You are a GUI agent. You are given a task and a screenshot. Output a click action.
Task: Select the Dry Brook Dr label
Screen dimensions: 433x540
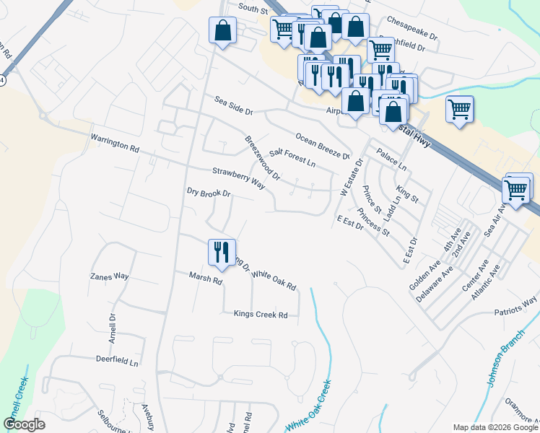[x=208, y=193]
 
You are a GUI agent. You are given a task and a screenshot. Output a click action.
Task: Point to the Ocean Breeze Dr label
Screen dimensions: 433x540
[x=322, y=146]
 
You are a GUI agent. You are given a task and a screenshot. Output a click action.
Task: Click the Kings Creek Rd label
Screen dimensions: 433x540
[x=261, y=314]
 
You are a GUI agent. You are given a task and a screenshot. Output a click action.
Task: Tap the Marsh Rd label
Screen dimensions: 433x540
[x=205, y=277]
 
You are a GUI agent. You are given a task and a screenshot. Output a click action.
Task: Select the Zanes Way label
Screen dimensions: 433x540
[x=109, y=276]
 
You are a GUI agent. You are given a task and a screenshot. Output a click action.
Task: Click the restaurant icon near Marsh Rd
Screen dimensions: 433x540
[x=221, y=252]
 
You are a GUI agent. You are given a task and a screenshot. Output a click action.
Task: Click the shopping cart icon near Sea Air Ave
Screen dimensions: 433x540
[x=515, y=191]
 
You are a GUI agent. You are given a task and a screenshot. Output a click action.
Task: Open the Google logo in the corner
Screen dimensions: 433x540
[x=24, y=424]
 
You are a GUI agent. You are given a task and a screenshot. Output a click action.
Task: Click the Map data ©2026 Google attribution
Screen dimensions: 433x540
[x=495, y=427]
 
